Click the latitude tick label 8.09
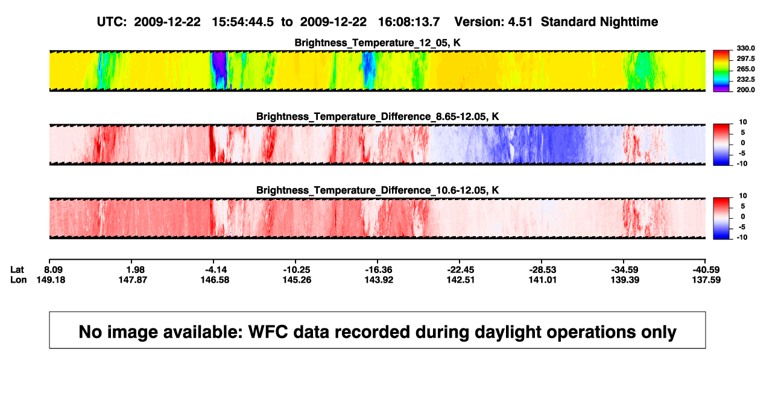(x=53, y=270)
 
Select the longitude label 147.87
(x=133, y=280)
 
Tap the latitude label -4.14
(x=216, y=270)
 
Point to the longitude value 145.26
(x=297, y=280)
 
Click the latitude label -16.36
(x=379, y=270)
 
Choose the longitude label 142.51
(x=461, y=280)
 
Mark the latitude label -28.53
(x=543, y=270)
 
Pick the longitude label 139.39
(x=625, y=280)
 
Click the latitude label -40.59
(x=706, y=270)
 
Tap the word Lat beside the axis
(x=17, y=270)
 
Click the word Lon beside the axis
(x=19, y=280)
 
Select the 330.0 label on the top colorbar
(x=745, y=48)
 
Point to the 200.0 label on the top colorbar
(x=745, y=90)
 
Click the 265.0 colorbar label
(x=745, y=69)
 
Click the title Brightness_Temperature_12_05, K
(x=378, y=43)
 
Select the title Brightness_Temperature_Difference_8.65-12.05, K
(x=378, y=116)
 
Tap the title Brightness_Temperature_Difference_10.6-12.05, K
(x=378, y=190)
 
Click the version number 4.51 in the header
(x=520, y=22)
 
